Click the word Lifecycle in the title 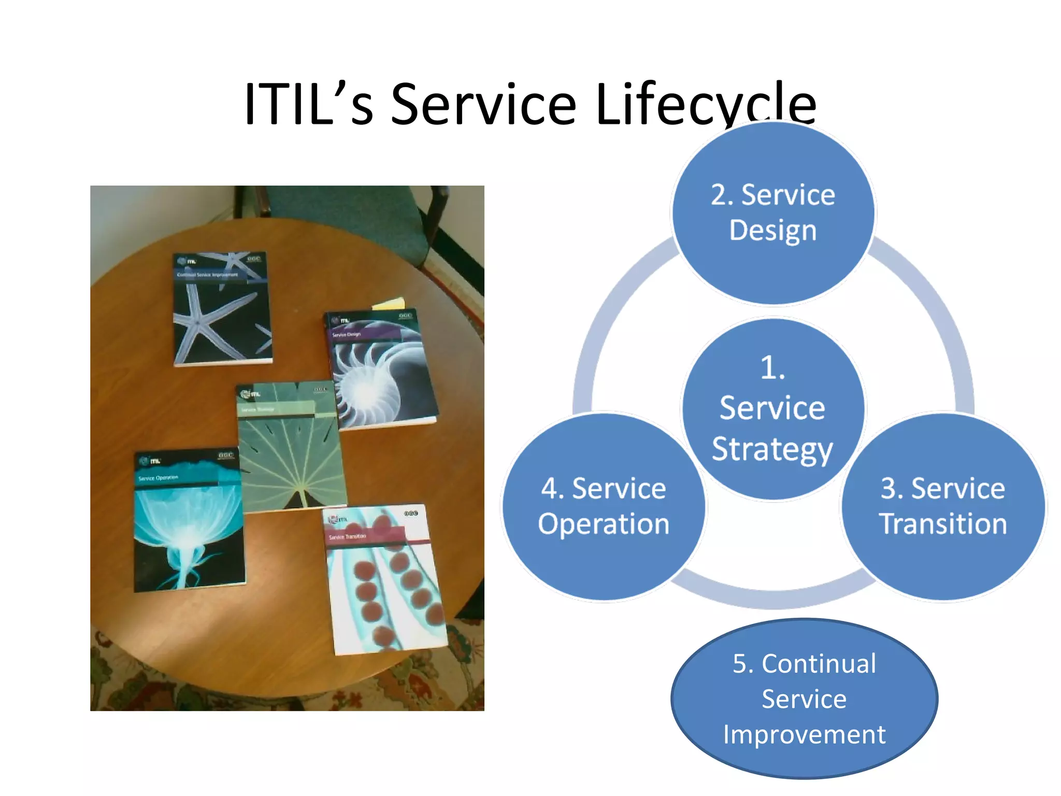pyautogui.click(x=706, y=105)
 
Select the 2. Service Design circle pyautogui.click(x=773, y=212)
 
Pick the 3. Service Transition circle pyautogui.click(x=943, y=506)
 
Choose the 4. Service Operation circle pyautogui.click(x=604, y=506)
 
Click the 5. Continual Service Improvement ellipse pyautogui.click(x=804, y=698)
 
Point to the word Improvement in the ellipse pyautogui.click(x=804, y=734)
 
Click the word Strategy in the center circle pyautogui.click(x=772, y=449)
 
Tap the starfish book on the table pyautogui.click(x=222, y=310)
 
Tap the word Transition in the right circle pyautogui.click(x=943, y=524)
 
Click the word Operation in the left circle pyautogui.click(x=604, y=524)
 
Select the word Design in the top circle pyautogui.click(x=773, y=230)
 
